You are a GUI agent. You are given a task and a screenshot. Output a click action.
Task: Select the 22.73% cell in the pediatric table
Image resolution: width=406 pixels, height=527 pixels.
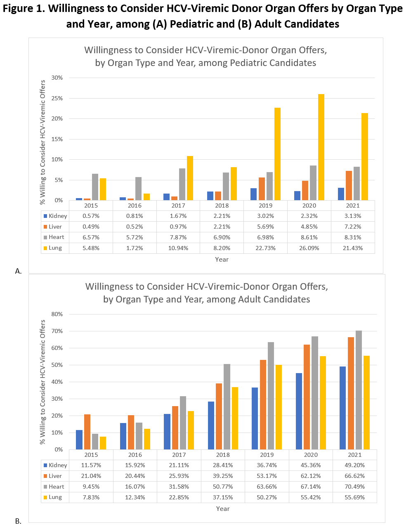coord(266,248)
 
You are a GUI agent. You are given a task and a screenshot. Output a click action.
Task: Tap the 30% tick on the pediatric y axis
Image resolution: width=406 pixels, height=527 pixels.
coord(57,78)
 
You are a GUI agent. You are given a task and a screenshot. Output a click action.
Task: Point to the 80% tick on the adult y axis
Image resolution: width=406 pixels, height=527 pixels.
coord(57,314)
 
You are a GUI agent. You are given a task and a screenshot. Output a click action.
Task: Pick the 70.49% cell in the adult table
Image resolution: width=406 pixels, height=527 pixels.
coord(354,487)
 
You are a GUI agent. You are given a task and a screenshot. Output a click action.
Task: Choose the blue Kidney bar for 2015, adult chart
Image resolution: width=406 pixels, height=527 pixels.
coord(79,440)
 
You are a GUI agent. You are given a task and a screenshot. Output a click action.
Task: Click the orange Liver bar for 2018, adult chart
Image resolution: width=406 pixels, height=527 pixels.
coord(219,416)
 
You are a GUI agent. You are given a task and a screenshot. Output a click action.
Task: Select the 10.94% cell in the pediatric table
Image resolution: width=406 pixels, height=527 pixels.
coord(178,248)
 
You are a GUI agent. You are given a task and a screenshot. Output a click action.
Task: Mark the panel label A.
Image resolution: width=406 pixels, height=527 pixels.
coord(18,271)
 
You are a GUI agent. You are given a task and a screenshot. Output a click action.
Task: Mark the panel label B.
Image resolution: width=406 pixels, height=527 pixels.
coord(18,521)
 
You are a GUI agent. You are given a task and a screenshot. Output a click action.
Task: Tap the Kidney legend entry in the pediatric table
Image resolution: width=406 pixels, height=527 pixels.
coord(57,216)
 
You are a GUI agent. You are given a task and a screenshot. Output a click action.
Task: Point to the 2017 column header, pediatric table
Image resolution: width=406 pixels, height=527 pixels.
coord(178,206)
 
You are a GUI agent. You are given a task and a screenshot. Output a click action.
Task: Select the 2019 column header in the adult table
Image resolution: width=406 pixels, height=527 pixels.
coord(267,455)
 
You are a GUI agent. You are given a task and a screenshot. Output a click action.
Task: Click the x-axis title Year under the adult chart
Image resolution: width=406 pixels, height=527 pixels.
coord(223,509)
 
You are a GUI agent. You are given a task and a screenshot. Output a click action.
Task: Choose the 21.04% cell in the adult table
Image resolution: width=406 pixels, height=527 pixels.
coord(91,476)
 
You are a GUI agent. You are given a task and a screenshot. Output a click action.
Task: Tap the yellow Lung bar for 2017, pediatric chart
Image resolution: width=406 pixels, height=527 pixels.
coord(190,178)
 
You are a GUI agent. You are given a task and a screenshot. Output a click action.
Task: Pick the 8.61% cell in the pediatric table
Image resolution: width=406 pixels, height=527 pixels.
coord(309,237)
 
